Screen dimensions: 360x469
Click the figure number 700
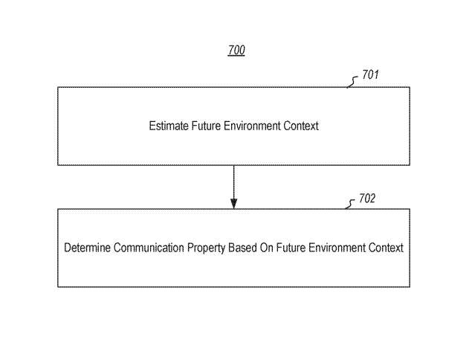[236, 51]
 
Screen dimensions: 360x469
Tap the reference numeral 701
[371, 75]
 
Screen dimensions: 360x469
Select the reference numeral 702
[367, 199]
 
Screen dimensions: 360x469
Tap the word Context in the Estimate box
[302, 126]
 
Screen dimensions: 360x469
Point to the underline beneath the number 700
[236, 57]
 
